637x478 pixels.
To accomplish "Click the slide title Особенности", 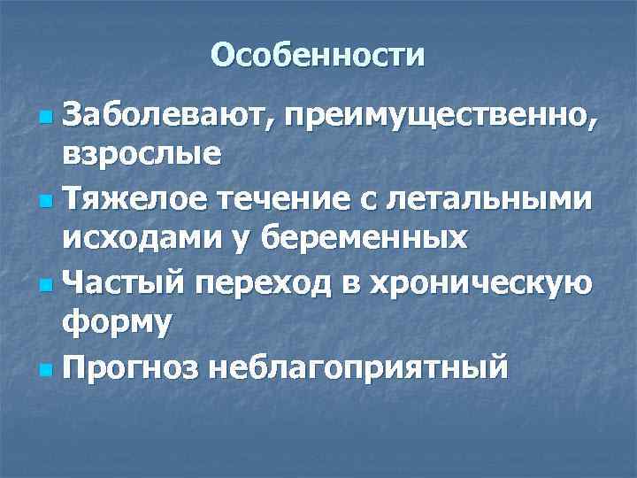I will (x=318, y=55).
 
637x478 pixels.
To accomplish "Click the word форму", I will (x=117, y=323).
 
